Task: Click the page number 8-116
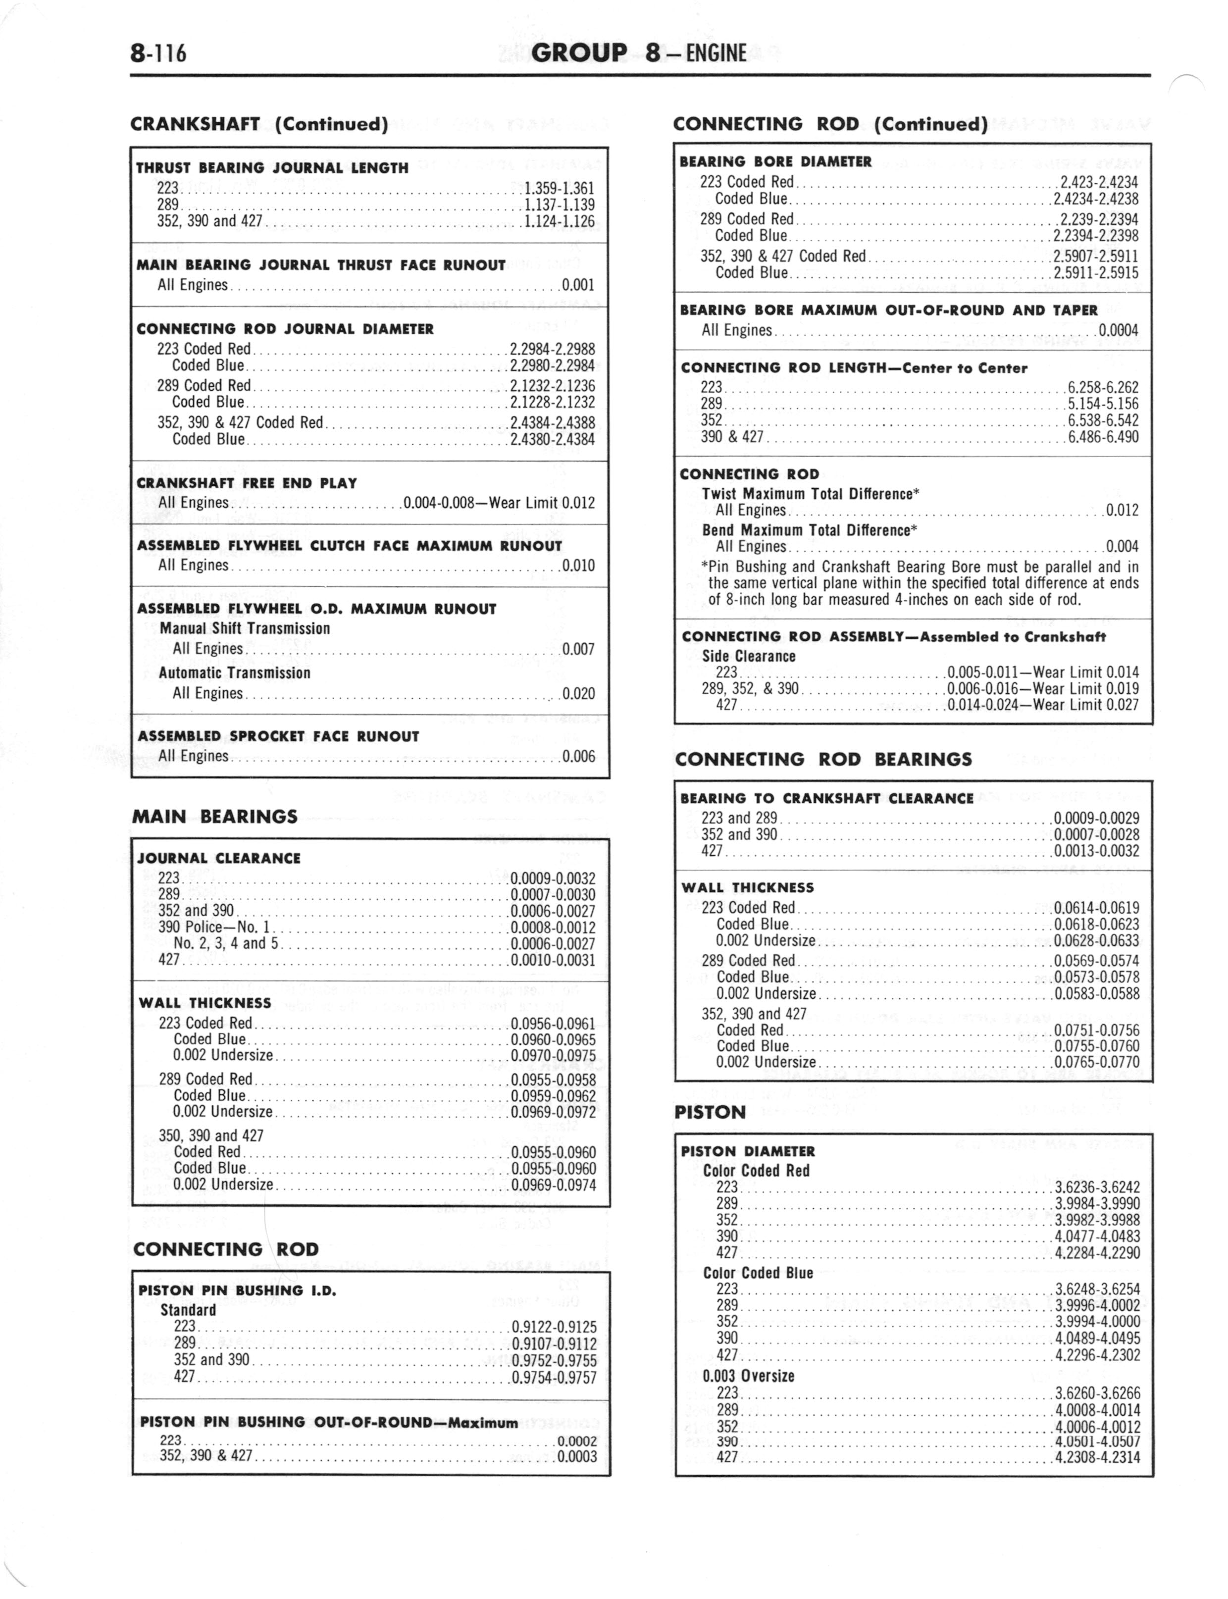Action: pos(158,53)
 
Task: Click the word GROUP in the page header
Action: pos(580,52)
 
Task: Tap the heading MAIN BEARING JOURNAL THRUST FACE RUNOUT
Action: pos(321,265)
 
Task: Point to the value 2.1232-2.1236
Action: pos(552,386)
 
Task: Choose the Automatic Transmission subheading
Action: pos(235,672)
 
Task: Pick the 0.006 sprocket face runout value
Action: pos(578,756)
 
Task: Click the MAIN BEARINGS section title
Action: pos(215,816)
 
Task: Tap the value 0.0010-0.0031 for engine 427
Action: pos(553,960)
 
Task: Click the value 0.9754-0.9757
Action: pos(554,1378)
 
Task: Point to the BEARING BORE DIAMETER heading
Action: pos(775,161)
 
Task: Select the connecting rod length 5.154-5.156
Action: pos(1102,404)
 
